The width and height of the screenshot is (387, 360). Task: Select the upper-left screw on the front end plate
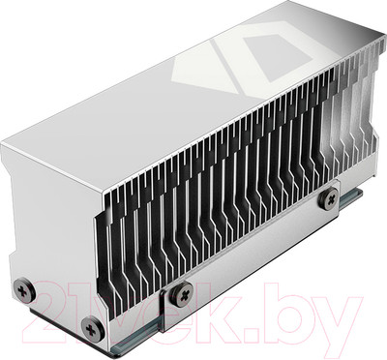22,287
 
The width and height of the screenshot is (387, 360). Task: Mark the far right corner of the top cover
372,44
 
